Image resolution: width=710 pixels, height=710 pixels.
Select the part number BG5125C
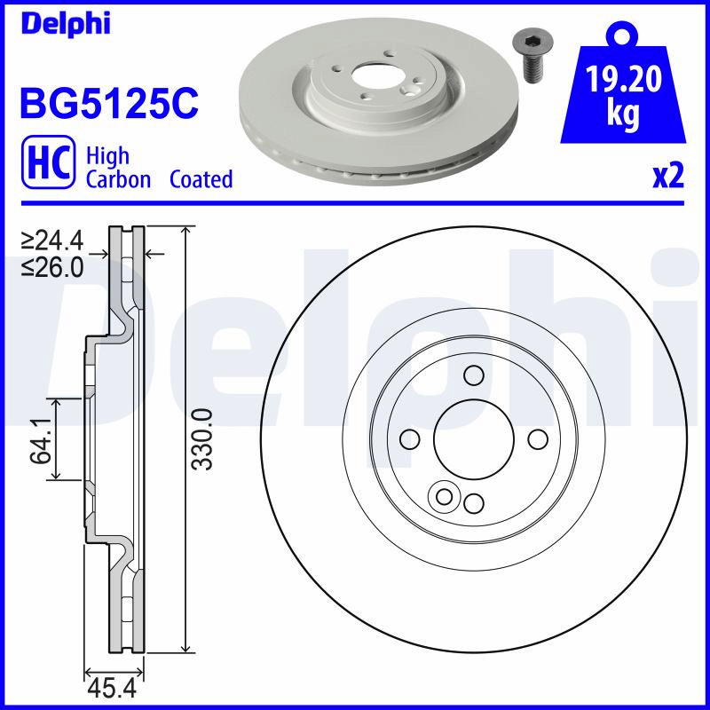109,103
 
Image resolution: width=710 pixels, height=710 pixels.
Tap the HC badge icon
48,162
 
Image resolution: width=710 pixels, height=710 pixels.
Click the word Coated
201,179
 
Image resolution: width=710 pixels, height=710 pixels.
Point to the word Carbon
118,179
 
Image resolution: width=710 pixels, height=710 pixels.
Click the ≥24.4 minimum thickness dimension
52,241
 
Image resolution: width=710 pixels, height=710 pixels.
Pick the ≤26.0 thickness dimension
52,268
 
